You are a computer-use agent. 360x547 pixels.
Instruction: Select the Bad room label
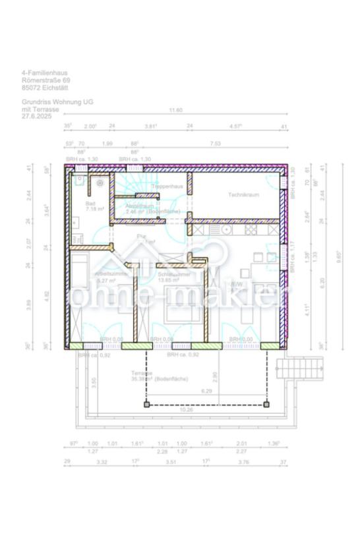point(90,204)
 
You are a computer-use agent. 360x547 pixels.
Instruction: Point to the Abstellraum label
point(140,206)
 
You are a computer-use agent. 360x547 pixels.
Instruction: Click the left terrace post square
point(147,403)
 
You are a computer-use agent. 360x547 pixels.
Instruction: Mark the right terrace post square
point(266,403)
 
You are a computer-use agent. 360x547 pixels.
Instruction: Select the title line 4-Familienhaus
point(44,72)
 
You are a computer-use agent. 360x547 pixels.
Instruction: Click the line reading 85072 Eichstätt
point(44,87)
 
